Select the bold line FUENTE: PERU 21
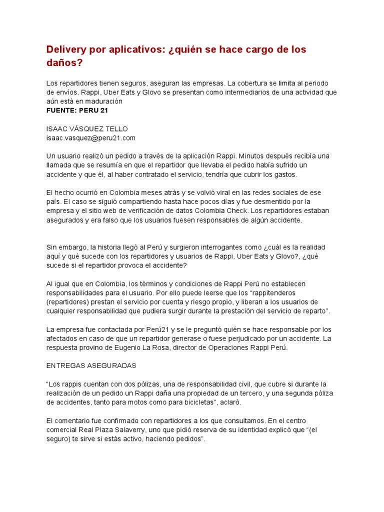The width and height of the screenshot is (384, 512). point(77,110)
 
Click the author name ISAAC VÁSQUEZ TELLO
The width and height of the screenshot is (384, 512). point(87,128)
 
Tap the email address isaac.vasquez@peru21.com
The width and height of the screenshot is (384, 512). point(90,137)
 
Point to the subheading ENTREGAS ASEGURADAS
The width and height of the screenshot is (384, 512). point(91,365)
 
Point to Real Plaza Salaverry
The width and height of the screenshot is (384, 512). point(113,429)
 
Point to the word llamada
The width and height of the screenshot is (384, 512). point(59,165)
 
